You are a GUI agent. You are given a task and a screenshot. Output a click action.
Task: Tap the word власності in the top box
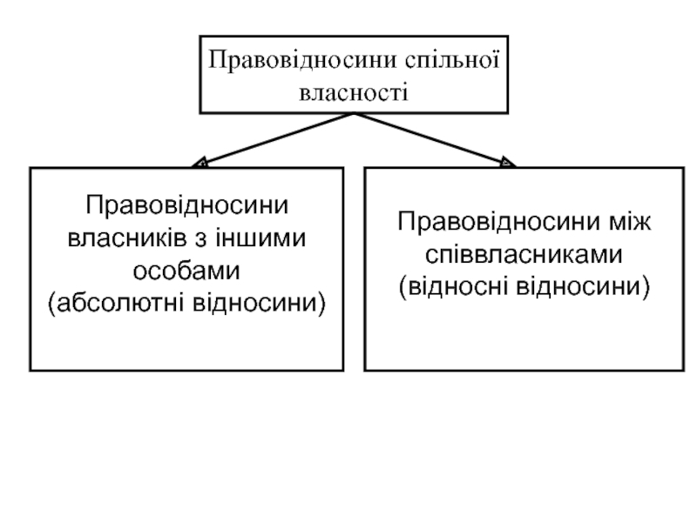click(x=354, y=90)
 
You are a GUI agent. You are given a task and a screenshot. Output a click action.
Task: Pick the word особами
click(x=186, y=270)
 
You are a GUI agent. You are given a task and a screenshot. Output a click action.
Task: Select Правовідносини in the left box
click(x=186, y=206)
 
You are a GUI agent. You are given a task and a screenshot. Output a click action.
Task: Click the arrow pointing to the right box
click(x=436, y=139)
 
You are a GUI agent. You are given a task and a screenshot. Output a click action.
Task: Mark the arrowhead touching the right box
click(x=508, y=162)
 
